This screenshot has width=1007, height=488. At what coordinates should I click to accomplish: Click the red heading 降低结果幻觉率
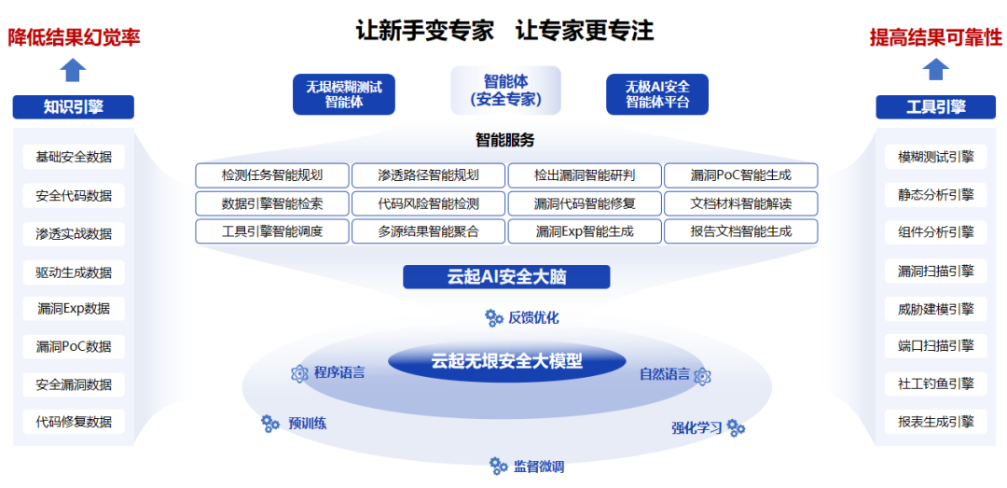point(75,37)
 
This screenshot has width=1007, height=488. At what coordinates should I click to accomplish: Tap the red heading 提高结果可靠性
point(935,37)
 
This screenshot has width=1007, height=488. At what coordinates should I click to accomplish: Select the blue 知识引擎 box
point(73,107)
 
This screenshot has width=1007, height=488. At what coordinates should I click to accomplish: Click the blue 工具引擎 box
point(935,107)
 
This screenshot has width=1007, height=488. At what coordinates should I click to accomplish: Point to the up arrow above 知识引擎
point(73,70)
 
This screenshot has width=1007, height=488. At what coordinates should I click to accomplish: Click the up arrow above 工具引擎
point(936,70)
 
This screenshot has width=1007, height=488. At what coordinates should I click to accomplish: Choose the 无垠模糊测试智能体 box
point(344,94)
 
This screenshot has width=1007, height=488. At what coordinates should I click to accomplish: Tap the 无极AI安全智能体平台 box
point(657,94)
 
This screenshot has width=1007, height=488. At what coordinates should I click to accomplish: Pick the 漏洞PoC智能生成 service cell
point(741,175)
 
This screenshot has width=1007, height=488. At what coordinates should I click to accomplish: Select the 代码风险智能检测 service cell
point(429,203)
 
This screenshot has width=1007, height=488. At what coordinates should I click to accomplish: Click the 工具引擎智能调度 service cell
point(272,231)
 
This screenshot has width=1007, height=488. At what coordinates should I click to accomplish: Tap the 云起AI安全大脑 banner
point(506,277)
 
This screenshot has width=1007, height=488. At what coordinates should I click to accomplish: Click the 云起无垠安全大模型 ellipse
point(506,361)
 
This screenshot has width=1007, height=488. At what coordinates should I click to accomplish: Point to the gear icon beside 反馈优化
point(494,318)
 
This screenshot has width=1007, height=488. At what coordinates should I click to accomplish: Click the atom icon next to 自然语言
point(702,375)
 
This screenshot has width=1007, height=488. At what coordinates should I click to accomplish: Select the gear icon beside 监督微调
point(499,466)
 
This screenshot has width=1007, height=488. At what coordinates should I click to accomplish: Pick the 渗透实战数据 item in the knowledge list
point(74,234)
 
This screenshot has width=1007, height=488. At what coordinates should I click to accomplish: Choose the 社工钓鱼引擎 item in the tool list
point(935,383)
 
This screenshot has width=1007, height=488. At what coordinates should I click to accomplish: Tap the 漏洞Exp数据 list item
point(74,309)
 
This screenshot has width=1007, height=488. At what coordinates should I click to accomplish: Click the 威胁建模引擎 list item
point(935,309)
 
